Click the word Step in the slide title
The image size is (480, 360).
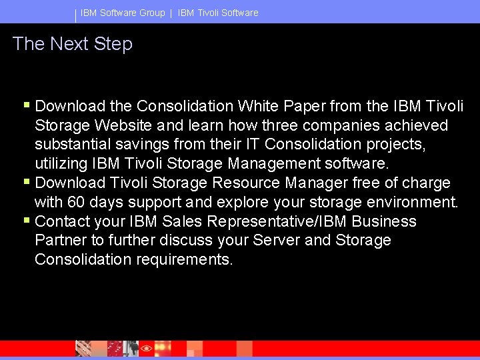tap(113, 45)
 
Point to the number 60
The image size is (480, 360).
tap(75, 202)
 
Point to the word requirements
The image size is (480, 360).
tap(185, 259)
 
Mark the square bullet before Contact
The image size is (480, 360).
tap(26, 220)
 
